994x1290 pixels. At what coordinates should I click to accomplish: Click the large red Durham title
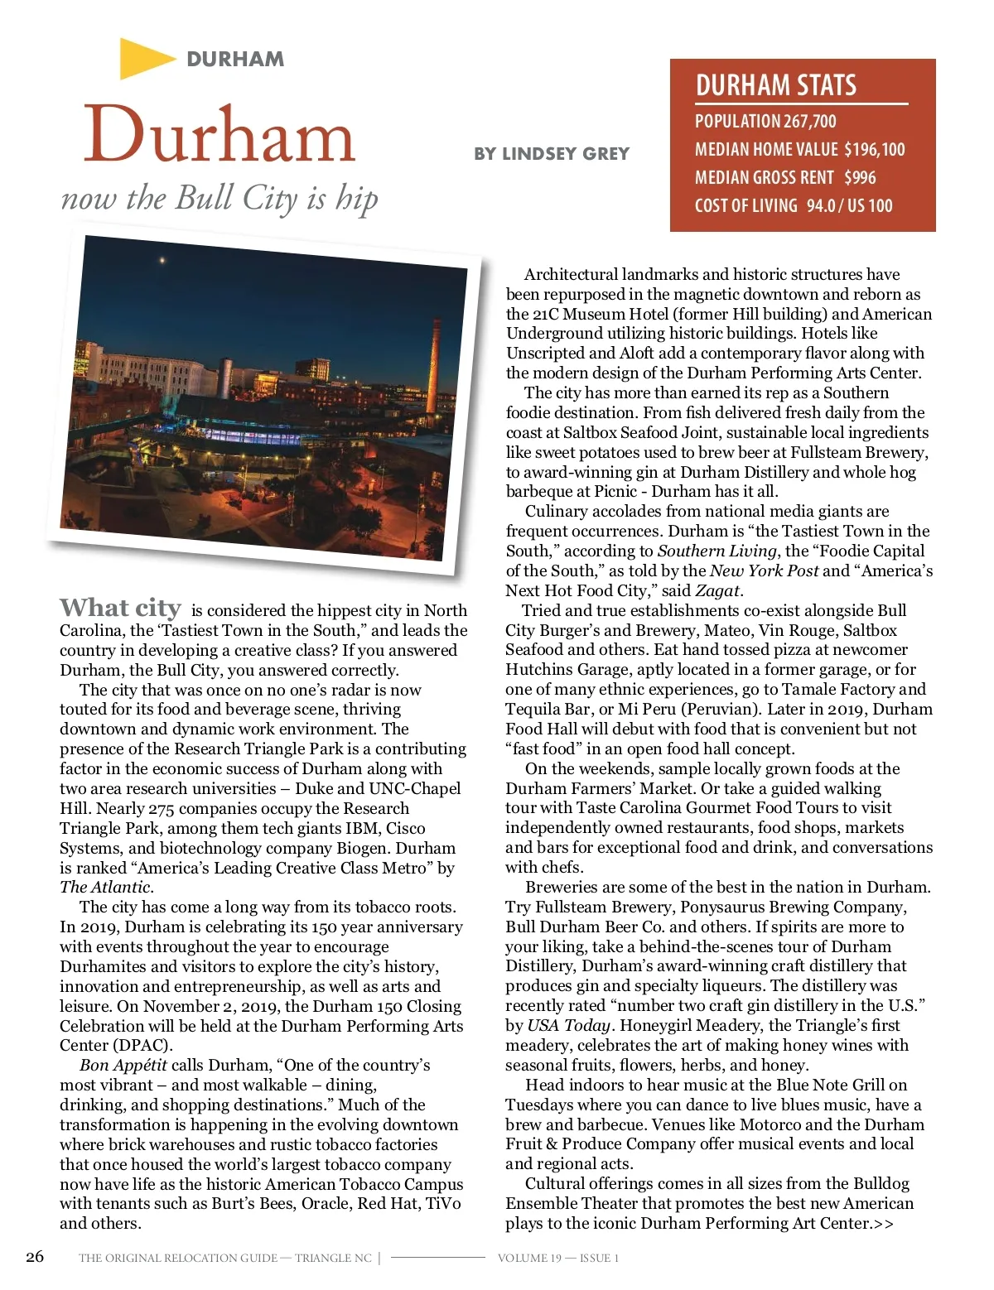220,135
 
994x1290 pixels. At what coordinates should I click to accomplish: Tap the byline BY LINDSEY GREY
552,154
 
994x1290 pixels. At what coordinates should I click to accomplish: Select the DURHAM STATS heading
776,86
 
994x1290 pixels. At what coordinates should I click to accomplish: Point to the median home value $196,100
875,150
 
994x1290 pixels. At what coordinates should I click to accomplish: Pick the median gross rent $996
860,178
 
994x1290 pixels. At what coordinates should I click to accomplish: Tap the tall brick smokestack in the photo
432,364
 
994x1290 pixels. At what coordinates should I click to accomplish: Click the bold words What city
120,609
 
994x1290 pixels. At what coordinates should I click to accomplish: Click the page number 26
35,1257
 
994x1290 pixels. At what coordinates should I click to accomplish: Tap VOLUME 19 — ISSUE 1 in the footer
557,1259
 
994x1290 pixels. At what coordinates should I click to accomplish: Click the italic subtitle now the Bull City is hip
220,199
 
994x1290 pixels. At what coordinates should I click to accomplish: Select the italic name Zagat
717,591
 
